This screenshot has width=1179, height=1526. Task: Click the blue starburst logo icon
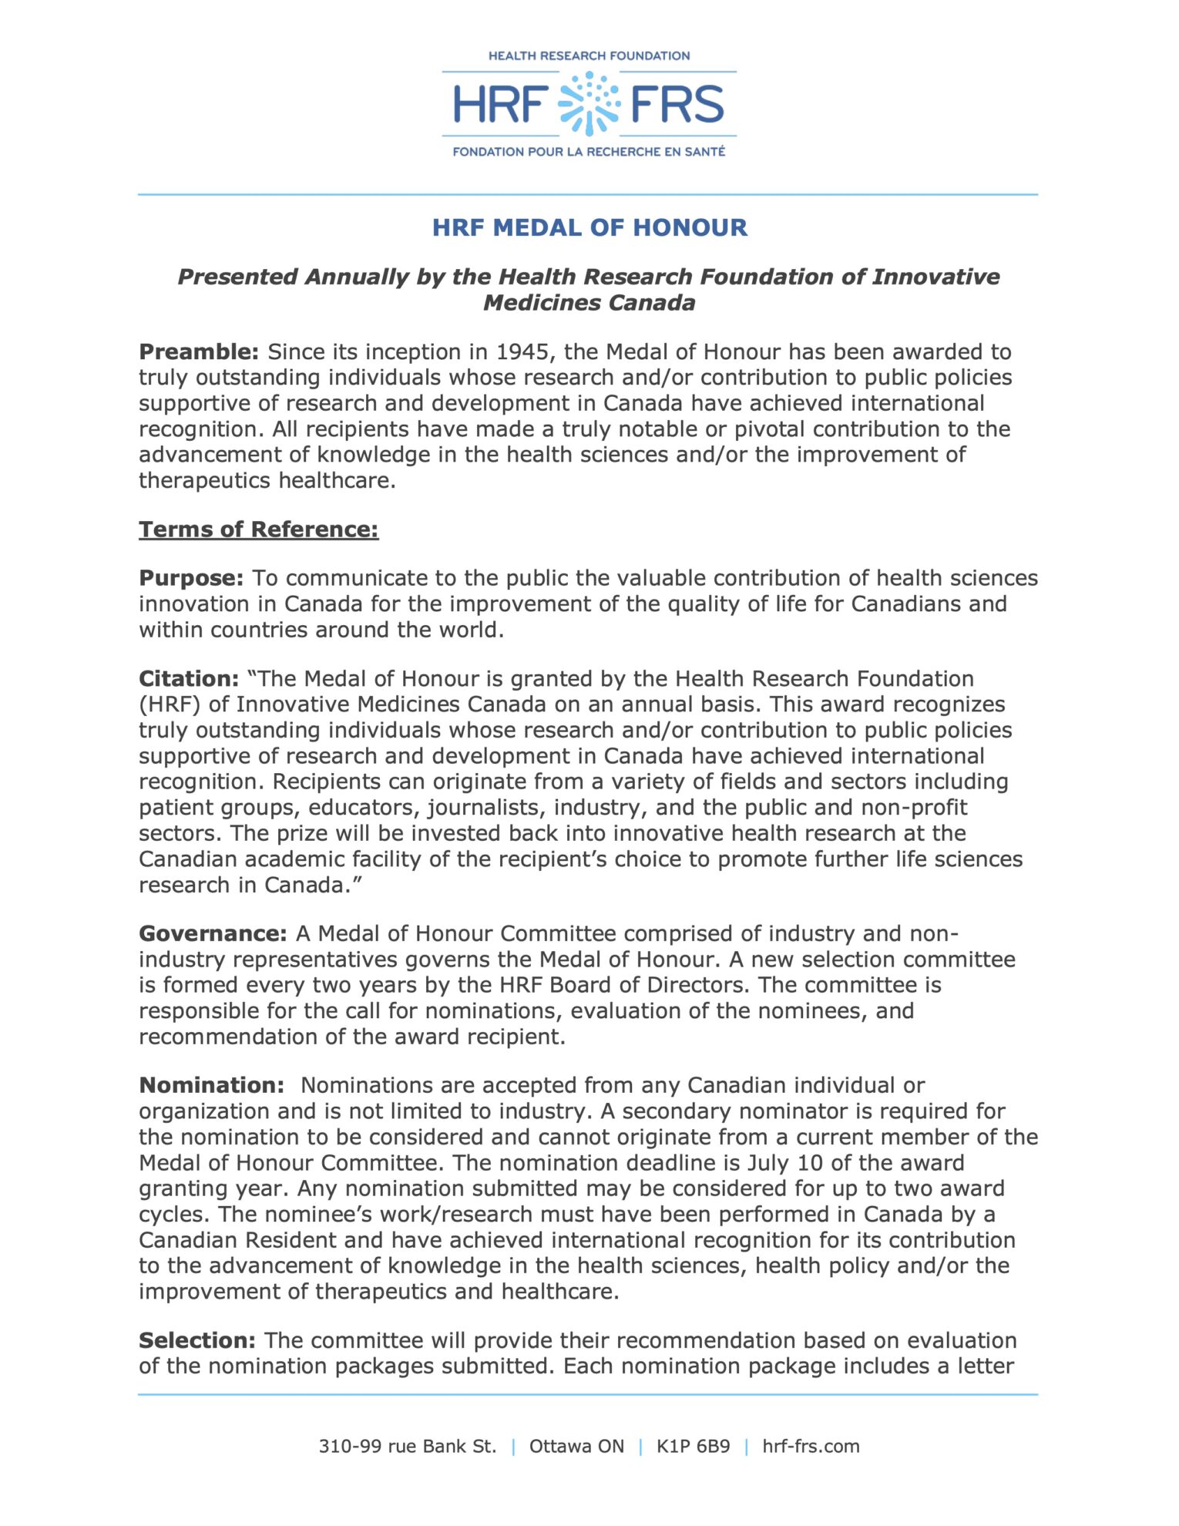(x=589, y=104)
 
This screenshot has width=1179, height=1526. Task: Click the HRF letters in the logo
(x=500, y=105)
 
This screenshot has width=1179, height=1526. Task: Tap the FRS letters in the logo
(x=677, y=105)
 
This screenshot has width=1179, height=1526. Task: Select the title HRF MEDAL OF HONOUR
(x=589, y=227)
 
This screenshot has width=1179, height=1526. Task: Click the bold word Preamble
(x=199, y=352)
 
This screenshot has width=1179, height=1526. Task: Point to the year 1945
(x=523, y=352)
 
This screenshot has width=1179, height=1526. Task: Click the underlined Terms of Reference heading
(x=259, y=529)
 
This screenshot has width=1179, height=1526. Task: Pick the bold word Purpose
(x=191, y=578)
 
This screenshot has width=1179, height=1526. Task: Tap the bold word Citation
(x=189, y=679)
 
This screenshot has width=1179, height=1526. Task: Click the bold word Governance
(x=213, y=934)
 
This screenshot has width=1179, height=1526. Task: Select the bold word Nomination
(x=212, y=1086)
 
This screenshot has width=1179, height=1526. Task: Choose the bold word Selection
(x=197, y=1341)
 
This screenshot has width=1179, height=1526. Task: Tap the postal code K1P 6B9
(x=693, y=1447)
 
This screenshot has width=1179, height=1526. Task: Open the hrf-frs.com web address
(x=811, y=1447)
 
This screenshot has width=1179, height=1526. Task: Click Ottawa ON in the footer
(x=576, y=1447)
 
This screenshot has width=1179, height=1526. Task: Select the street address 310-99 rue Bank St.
(x=408, y=1447)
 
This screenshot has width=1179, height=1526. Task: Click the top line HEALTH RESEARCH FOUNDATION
(x=589, y=56)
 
